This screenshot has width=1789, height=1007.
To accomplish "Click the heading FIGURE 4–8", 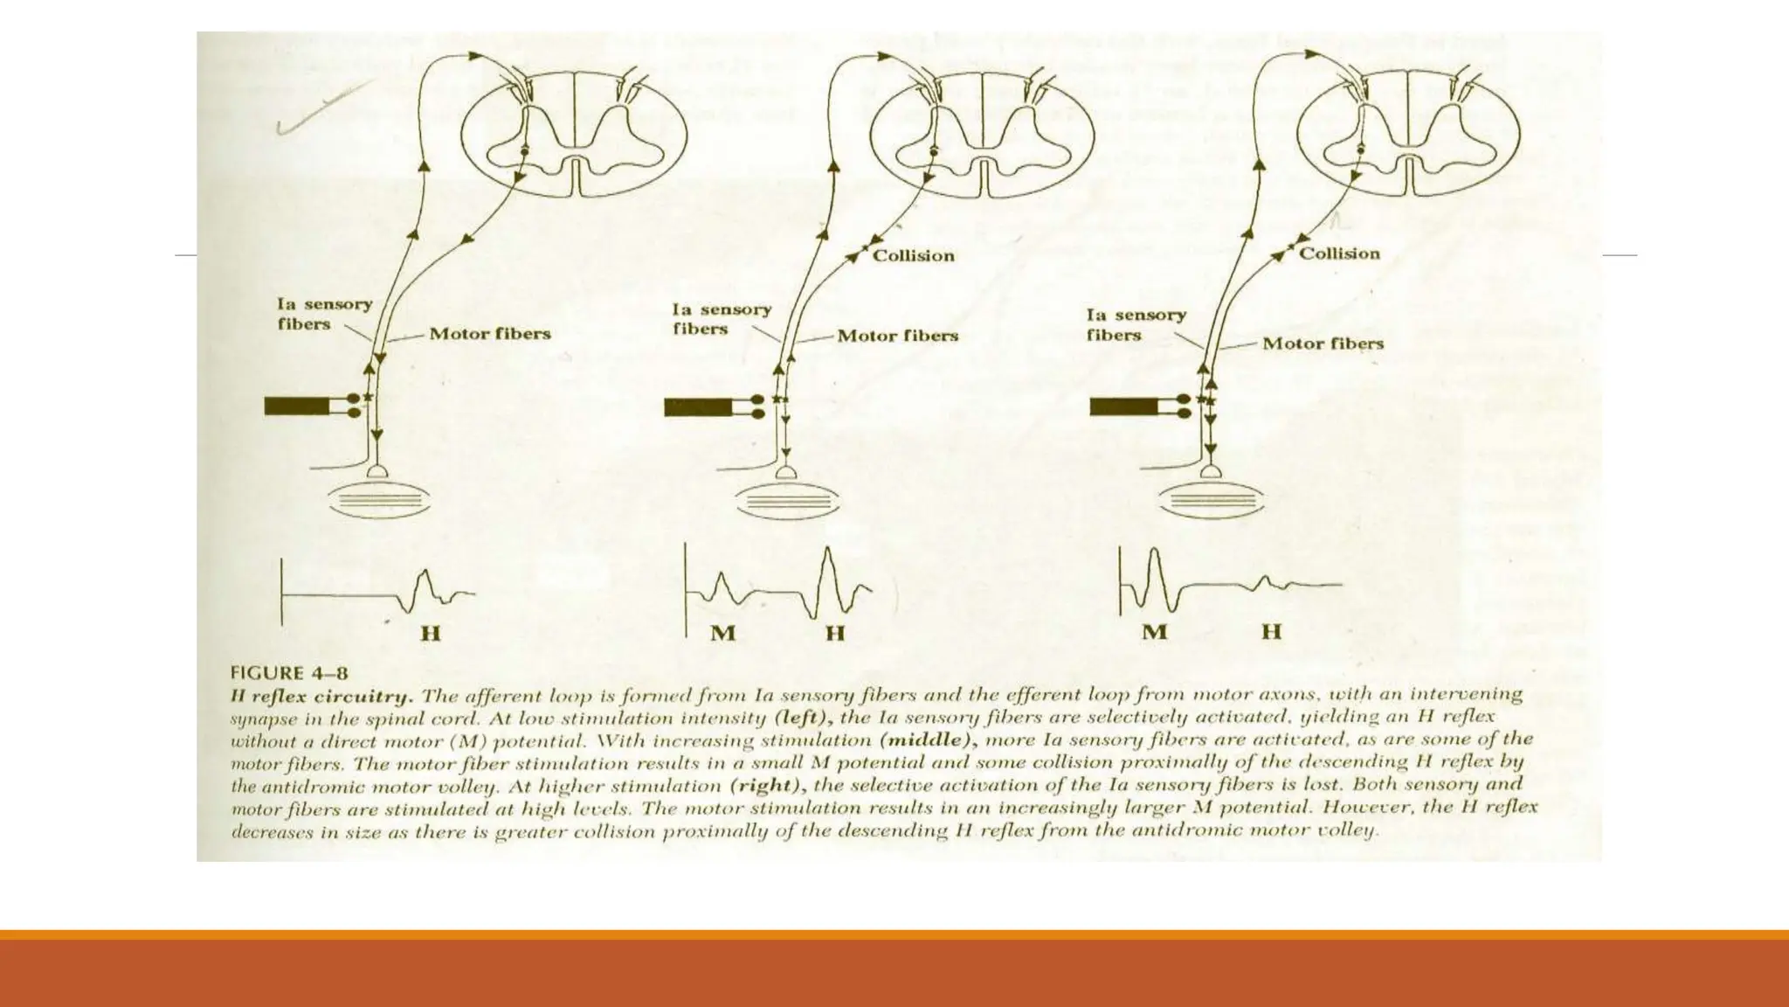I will [289, 673].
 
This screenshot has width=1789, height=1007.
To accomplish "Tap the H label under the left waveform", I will [431, 632].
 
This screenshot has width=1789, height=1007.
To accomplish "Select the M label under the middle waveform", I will [723, 632].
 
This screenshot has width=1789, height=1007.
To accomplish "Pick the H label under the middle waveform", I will [835, 632].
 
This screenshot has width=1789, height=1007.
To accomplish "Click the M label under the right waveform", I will [1155, 631].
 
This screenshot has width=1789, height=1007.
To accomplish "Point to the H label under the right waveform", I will [1271, 631].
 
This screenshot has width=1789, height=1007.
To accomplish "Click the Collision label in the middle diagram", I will [913, 255].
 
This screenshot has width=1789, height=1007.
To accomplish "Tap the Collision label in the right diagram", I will [1339, 253].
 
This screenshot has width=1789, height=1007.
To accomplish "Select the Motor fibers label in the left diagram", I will [490, 334].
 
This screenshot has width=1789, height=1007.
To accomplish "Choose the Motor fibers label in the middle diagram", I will [897, 336].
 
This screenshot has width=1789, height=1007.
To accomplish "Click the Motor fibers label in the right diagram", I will [1323, 344].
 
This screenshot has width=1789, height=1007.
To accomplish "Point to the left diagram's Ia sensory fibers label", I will [324, 314].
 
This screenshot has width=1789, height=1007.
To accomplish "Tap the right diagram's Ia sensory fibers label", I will [1136, 324].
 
